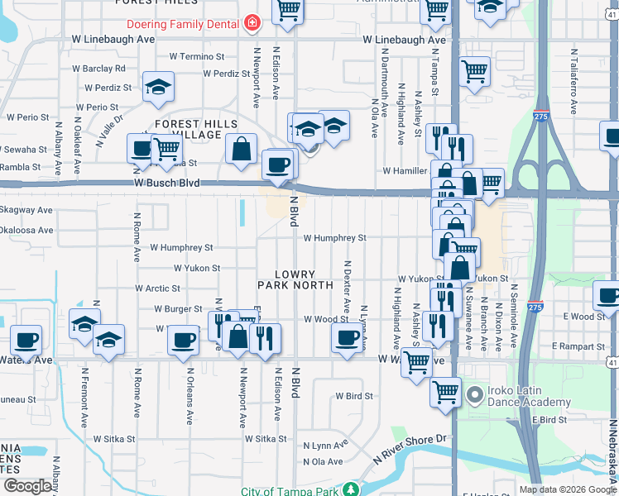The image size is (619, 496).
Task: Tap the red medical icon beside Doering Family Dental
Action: tap(252, 24)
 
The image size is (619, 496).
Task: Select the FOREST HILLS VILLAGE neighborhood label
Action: tap(187, 129)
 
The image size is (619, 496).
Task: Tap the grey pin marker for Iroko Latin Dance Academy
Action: tap(475, 396)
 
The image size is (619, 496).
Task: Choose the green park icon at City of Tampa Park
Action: tap(351, 490)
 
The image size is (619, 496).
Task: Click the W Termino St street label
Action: tap(197, 57)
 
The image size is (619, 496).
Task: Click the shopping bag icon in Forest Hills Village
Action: tap(241, 150)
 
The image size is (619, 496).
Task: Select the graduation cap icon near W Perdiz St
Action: tap(158, 87)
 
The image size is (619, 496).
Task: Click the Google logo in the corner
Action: tap(27, 486)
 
